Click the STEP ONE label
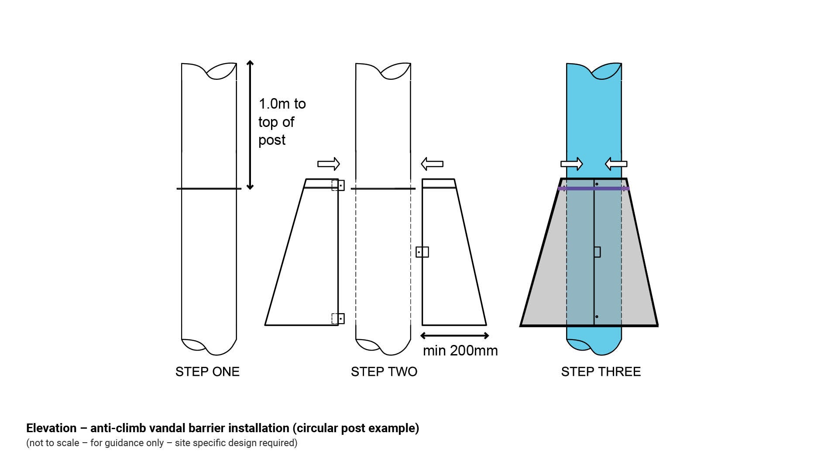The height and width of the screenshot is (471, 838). pyautogui.click(x=207, y=372)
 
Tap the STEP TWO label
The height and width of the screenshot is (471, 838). pyautogui.click(x=384, y=372)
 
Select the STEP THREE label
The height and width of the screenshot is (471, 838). pyautogui.click(x=601, y=372)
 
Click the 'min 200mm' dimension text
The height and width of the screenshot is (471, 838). pyautogui.click(x=460, y=351)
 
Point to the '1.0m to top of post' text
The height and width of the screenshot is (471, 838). pyautogui.click(x=282, y=122)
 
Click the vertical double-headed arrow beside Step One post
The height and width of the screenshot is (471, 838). pyautogui.click(x=250, y=125)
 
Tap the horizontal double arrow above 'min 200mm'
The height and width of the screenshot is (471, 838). pyautogui.click(x=454, y=335)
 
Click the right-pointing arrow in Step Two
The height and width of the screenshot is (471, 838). pyautogui.click(x=328, y=164)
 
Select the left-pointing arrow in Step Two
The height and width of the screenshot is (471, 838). pyautogui.click(x=432, y=164)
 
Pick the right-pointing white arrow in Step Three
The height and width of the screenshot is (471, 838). pyautogui.click(x=571, y=164)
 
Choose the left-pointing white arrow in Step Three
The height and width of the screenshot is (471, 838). pyautogui.click(x=616, y=164)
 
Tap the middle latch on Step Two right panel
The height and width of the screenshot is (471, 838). pyautogui.click(x=422, y=252)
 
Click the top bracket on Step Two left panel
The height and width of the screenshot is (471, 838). pyautogui.click(x=338, y=185)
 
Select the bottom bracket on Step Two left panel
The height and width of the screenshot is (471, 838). pyautogui.click(x=338, y=319)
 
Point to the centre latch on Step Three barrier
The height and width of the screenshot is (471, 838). pyautogui.click(x=597, y=252)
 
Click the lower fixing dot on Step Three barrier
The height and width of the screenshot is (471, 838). pyautogui.click(x=597, y=317)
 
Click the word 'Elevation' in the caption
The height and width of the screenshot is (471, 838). pyautogui.click(x=51, y=428)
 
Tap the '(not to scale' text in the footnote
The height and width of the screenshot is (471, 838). pyautogui.click(x=52, y=443)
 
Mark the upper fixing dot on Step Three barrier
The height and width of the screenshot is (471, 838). pyautogui.click(x=597, y=184)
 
